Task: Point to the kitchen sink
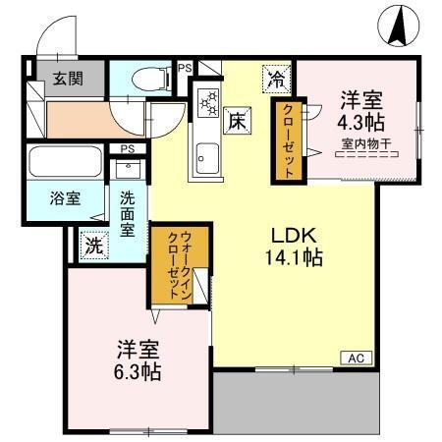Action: click(208, 155)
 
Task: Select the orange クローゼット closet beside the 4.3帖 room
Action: click(289, 139)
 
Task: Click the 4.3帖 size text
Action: click(360, 123)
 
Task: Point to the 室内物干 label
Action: click(365, 146)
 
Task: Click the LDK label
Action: click(294, 237)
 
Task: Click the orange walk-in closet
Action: click(179, 264)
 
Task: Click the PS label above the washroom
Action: click(127, 148)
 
